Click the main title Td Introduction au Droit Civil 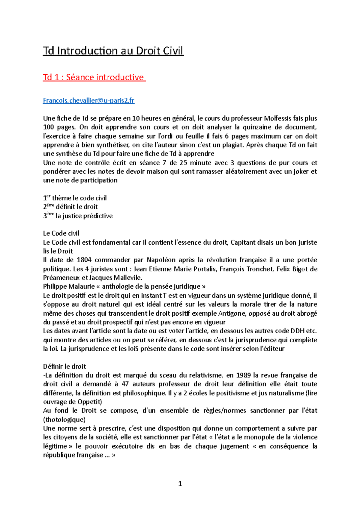[x=113, y=51]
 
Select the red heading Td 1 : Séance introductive [x=94, y=77]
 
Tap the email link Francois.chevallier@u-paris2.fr [x=88, y=100]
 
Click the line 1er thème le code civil [x=75, y=198]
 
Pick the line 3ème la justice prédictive [x=78, y=216]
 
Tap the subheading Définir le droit [x=64, y=366]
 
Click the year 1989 [x=243, y=375]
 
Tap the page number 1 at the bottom [x=180, y=484]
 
